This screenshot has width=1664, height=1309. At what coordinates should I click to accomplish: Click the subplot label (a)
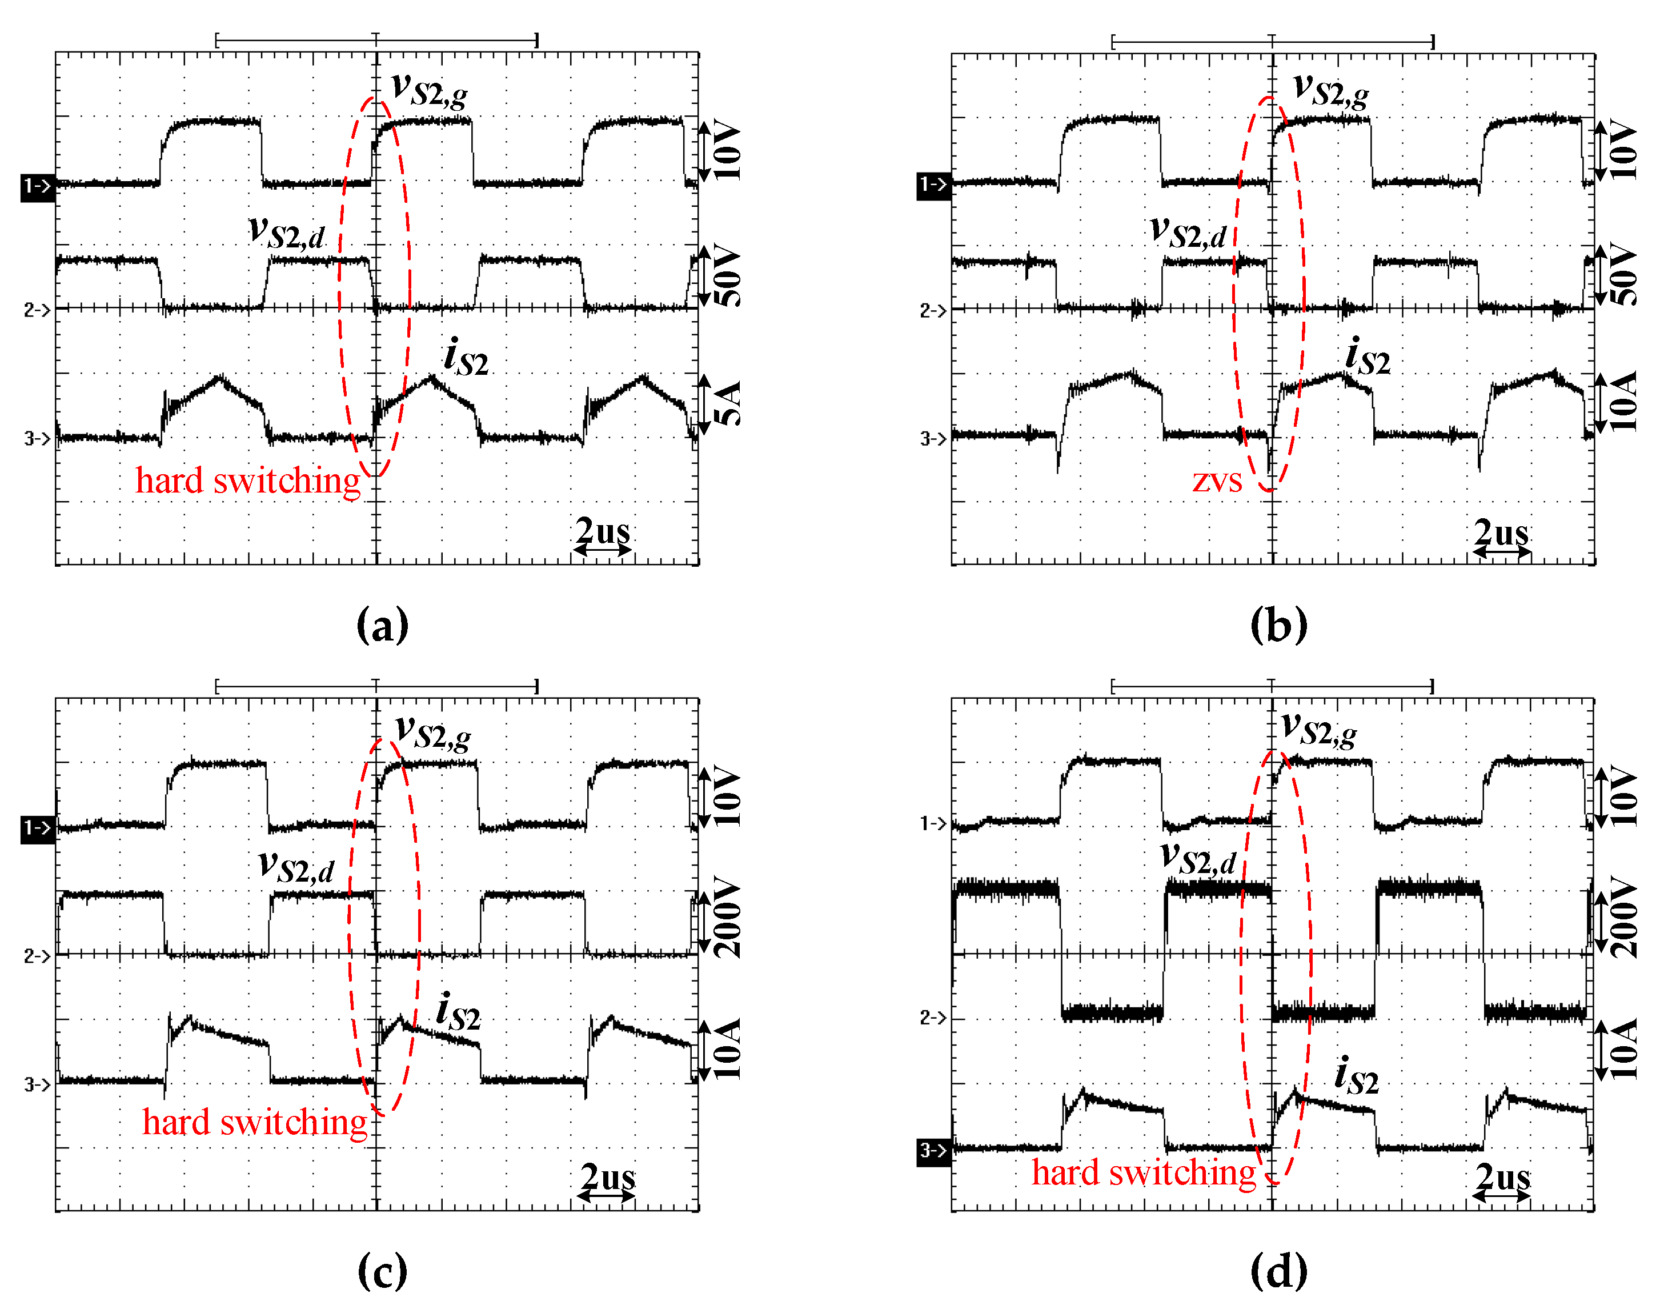[382, 626]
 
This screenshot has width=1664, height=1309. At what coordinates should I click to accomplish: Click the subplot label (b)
[1278, 626]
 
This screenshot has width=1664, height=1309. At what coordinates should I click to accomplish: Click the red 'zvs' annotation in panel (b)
[1217, 481]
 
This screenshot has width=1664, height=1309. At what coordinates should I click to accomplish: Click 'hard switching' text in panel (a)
[247, 481]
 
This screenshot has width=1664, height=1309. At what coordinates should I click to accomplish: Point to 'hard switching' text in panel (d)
[1143, 1172]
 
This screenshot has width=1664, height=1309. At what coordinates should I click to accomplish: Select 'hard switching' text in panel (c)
[254, 1123]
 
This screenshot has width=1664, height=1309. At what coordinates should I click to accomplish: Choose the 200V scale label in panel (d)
[1623, 918]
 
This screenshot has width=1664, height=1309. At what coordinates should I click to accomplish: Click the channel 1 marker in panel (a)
[37, 186]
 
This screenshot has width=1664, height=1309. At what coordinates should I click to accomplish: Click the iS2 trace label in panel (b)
[1368, 357]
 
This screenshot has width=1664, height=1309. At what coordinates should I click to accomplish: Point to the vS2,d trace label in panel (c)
[296, 867]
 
